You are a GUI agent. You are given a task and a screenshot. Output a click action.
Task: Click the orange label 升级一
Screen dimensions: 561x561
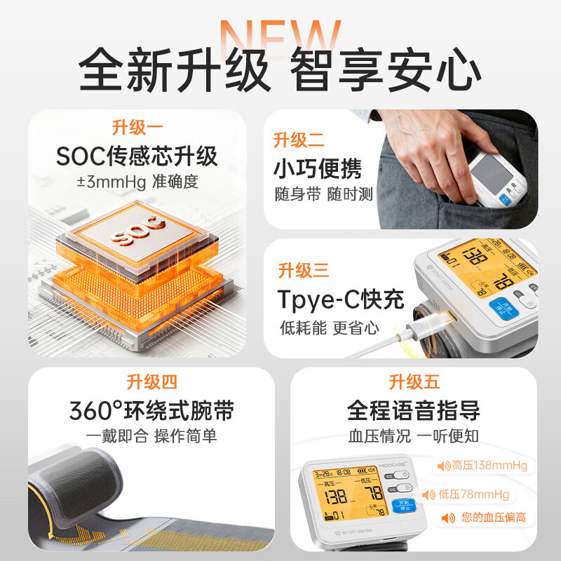137,128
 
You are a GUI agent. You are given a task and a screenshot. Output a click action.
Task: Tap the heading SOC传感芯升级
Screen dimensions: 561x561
137,155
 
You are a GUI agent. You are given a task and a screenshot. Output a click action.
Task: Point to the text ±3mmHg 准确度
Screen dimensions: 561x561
137,182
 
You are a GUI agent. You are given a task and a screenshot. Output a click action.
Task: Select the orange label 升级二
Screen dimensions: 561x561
299,140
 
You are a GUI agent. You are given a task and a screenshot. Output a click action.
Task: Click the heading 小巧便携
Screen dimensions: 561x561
318,169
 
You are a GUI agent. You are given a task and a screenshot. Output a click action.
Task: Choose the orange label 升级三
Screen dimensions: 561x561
303,270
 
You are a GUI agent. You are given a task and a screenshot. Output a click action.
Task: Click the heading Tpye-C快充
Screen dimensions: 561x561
341,300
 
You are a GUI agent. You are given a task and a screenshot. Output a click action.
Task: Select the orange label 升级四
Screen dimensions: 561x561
151,381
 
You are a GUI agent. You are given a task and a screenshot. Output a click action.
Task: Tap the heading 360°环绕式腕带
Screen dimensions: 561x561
151,410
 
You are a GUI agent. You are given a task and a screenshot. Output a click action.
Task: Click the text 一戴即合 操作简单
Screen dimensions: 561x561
151,436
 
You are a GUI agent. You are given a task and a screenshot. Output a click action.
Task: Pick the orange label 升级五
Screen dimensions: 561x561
414,381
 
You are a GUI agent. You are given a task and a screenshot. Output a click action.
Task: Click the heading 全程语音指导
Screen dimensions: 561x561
414,410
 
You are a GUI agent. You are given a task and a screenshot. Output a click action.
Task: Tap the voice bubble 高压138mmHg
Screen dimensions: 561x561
482,466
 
